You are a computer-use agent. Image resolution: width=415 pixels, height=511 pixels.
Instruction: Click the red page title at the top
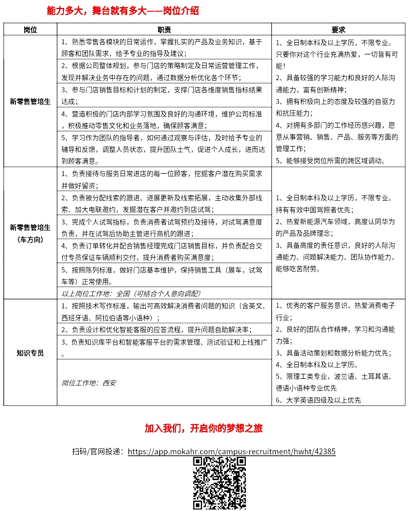click(x=123, y=11)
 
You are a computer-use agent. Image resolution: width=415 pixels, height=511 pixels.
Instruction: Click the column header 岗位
click(x=30, y=30)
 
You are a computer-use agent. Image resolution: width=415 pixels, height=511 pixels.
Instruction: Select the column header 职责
click(x=164, y=30)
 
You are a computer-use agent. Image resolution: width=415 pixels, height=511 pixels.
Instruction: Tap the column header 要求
click(x=338, y=30)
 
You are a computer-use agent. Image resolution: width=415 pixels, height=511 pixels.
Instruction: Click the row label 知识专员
click(x=30, y=353)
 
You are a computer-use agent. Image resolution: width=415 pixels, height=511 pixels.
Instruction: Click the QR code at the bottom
click(x=220, y=483)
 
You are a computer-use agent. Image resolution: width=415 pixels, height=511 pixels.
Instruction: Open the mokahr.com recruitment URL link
click(x=231, y=451)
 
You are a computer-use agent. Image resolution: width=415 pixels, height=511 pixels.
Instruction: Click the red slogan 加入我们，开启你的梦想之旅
click(x=203, y=428)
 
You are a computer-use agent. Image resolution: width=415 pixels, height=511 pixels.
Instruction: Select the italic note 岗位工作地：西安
click(x=89, y=383)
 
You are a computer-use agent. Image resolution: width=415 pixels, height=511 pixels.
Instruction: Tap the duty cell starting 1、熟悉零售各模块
click(x=164, y=48)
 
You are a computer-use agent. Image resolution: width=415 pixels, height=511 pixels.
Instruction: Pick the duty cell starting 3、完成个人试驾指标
click(x=164, y=228)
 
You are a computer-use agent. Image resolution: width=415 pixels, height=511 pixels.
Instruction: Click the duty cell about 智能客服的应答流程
click(x=164, y=329)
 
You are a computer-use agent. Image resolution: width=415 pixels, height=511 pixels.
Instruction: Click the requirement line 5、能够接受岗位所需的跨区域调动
click(x=330, y=161)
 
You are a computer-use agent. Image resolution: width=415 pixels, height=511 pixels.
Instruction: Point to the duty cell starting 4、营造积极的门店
click(x=164, y=119)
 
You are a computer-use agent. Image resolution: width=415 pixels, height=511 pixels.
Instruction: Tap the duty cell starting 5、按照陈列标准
click(x=164, y=275)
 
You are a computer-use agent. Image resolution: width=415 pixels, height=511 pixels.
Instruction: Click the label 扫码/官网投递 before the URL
click(x=98, y=451)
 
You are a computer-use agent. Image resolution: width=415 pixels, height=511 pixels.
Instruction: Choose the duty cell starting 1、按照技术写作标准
click(x=164, y=311)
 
